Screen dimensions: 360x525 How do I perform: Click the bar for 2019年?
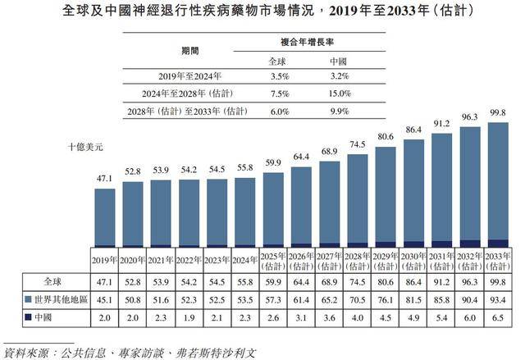pyautogui.click(x=104, y=217)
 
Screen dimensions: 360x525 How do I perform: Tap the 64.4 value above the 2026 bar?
pyautogui.click(x=301, y=157)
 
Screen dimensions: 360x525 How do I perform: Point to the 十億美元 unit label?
pyautogui.click(x=85, y=147)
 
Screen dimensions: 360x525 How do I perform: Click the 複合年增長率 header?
pyautogui.click(x=308, y=40)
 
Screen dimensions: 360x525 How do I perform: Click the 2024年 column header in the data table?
pyautogui.click(x=244, y=262)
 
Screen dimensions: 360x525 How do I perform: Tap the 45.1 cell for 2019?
pyautogui.click(x=104, y=298)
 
